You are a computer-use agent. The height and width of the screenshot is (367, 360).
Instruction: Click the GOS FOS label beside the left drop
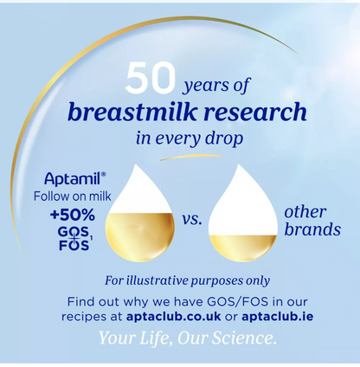click(74, 238)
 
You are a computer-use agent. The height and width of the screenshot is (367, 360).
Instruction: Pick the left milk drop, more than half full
click(139, 214)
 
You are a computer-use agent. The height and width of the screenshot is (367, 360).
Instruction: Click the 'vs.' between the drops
click(191, 221)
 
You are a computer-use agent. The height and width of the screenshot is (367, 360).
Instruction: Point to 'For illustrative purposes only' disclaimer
click(187, 280)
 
